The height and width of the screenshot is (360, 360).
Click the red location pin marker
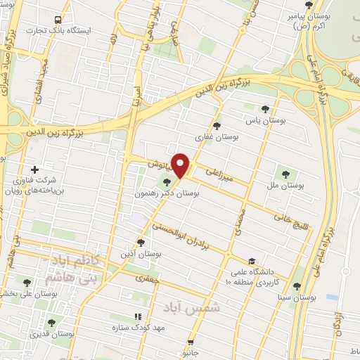tap(181, 165)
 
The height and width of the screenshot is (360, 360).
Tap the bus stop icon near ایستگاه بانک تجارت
tap(58, 20)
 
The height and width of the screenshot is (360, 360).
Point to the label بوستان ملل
tap(285, 186)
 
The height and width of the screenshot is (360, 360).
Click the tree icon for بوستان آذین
tap(141, 243)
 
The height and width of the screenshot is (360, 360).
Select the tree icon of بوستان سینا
tap(297, 286)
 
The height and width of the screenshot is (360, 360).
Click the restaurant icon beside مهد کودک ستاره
tap(138, 317)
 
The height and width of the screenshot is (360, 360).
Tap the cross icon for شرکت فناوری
tap(35, 169)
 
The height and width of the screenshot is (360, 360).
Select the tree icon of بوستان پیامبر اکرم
tap(309, 6)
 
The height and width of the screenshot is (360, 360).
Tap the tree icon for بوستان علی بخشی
tap(27, 283)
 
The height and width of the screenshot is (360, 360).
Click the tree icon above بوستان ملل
tap(285, 174)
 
